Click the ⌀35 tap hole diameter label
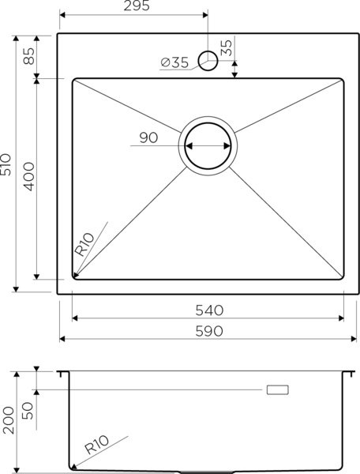pyautogui.click(x=174, y=64)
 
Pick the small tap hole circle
pyautogui.click(x=208, y=60)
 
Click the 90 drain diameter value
pyautogui.click(x=148, y=137)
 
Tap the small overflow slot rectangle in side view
pyautogui.click(x=279, y=389)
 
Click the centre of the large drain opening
pyautogui.click(x=208, y=146)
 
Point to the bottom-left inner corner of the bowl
pyautogui.click(x=74, y=278)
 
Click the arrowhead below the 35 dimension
pyautogui.click(x=235, y=74)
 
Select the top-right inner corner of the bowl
pyautogui.click(x=342, y=80)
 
